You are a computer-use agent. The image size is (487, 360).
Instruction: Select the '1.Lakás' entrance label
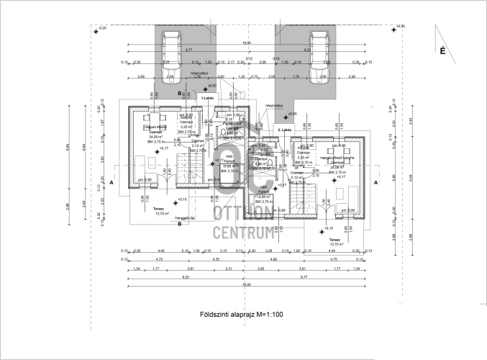tap(207, 97)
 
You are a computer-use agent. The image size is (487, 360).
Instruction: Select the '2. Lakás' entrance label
tap(285, 130)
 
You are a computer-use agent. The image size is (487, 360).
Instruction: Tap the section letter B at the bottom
tap(179, 224)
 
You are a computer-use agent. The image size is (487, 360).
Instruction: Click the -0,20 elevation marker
tap(102, 27)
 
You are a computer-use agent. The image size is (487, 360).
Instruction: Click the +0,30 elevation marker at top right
tap(399, 27)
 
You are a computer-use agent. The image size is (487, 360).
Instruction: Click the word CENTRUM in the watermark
tap(244, 233)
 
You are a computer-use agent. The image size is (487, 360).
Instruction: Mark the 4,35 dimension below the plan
tap(216, 258)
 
